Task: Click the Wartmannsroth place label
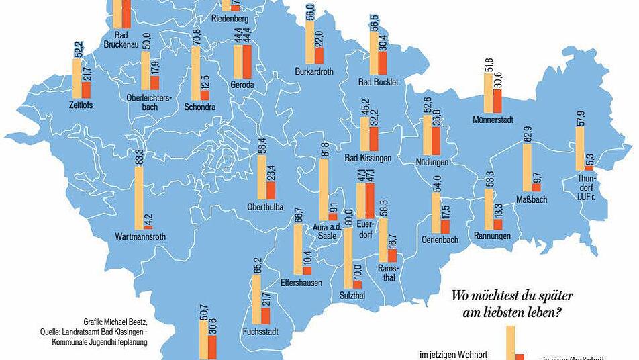tap(140, 236)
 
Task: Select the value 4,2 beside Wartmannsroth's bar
tap(148, 220)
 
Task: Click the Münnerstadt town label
tap(493, 120)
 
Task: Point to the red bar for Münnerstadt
tap(497, 100)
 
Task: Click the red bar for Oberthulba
tap(271, 190)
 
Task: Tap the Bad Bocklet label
tap(379, 82)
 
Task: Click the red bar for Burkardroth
tap(319, 56)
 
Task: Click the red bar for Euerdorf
tap(369, 199)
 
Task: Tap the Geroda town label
tap(242, 85)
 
